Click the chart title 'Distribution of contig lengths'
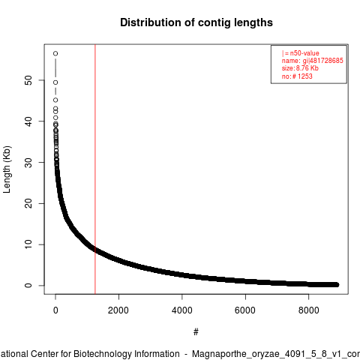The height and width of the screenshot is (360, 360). tap(196, 22)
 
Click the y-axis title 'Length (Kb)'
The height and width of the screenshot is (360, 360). tap(7, 169)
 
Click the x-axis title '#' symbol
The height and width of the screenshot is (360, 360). tap(196, 332)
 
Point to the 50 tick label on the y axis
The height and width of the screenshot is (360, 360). tap(28, 80)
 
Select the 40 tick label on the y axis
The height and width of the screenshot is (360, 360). tap(28, 121)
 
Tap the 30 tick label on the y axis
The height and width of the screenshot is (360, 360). tap(28, 162)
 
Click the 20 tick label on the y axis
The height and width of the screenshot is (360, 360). tap(28, 203)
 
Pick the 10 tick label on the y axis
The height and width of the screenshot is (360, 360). tap(28, 244)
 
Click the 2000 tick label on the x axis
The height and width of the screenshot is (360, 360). tap(118, 310)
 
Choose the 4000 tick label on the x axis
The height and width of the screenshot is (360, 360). tap(182, 310)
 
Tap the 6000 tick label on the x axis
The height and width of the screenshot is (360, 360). tap(245, 310)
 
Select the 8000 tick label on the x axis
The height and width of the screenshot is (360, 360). tap(309, 310)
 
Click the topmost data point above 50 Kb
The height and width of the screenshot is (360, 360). tap(55, 53)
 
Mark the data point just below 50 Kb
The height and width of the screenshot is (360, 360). tap(55, 82)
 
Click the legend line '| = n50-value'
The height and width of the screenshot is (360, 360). tap(301, 53)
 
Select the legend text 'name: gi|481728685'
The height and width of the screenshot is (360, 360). tap(313, 61)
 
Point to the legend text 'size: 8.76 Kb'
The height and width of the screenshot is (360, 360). tap(300, 68)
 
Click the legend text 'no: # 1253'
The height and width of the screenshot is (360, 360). tap(297, 76)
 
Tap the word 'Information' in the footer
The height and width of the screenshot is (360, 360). tap(157, 354)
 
